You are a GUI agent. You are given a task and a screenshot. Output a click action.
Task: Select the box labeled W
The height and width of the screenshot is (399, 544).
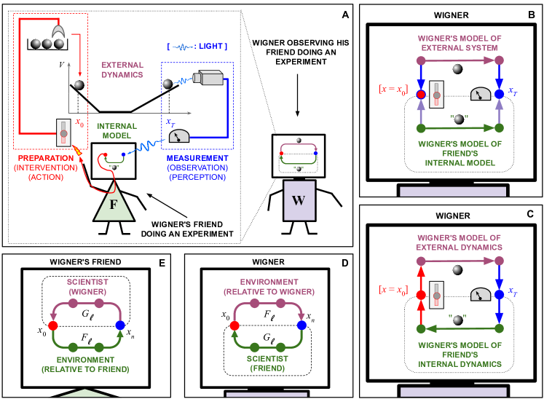(x=299, y=200)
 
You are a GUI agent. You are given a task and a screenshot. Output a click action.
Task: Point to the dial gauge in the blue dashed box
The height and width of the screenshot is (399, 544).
(x=178, y=135)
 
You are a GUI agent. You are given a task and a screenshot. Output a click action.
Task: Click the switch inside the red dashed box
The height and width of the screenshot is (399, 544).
(x=63, y=133)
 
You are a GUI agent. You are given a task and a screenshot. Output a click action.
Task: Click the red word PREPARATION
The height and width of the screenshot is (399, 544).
(x=45, y=158)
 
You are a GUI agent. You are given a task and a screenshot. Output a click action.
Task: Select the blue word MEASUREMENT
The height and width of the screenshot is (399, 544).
(x=197, y=158)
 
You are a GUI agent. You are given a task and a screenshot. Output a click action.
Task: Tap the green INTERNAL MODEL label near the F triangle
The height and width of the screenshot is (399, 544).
(x=117, y=130)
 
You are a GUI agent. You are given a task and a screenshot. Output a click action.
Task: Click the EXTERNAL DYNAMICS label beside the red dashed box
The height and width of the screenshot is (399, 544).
(x=122, y=69)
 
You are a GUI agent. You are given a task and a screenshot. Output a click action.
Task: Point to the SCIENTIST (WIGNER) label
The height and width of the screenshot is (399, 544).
(x=87, y=286)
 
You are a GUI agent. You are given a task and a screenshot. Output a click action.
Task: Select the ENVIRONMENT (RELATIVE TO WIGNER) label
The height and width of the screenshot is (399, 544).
(x=269, y=286)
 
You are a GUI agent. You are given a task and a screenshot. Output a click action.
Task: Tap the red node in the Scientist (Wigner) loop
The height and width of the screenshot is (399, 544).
(x=52, y=325)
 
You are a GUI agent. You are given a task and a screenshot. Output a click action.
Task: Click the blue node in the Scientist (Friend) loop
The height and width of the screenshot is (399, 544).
(x=301, y=325)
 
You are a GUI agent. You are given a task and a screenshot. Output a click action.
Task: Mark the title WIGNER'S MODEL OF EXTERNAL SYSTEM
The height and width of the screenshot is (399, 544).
(x=459, y=42)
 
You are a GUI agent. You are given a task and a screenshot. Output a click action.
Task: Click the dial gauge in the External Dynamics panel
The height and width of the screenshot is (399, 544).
(x=481, y=294)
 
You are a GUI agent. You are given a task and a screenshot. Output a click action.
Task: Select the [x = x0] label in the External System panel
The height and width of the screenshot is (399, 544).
(x=393, y=89)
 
